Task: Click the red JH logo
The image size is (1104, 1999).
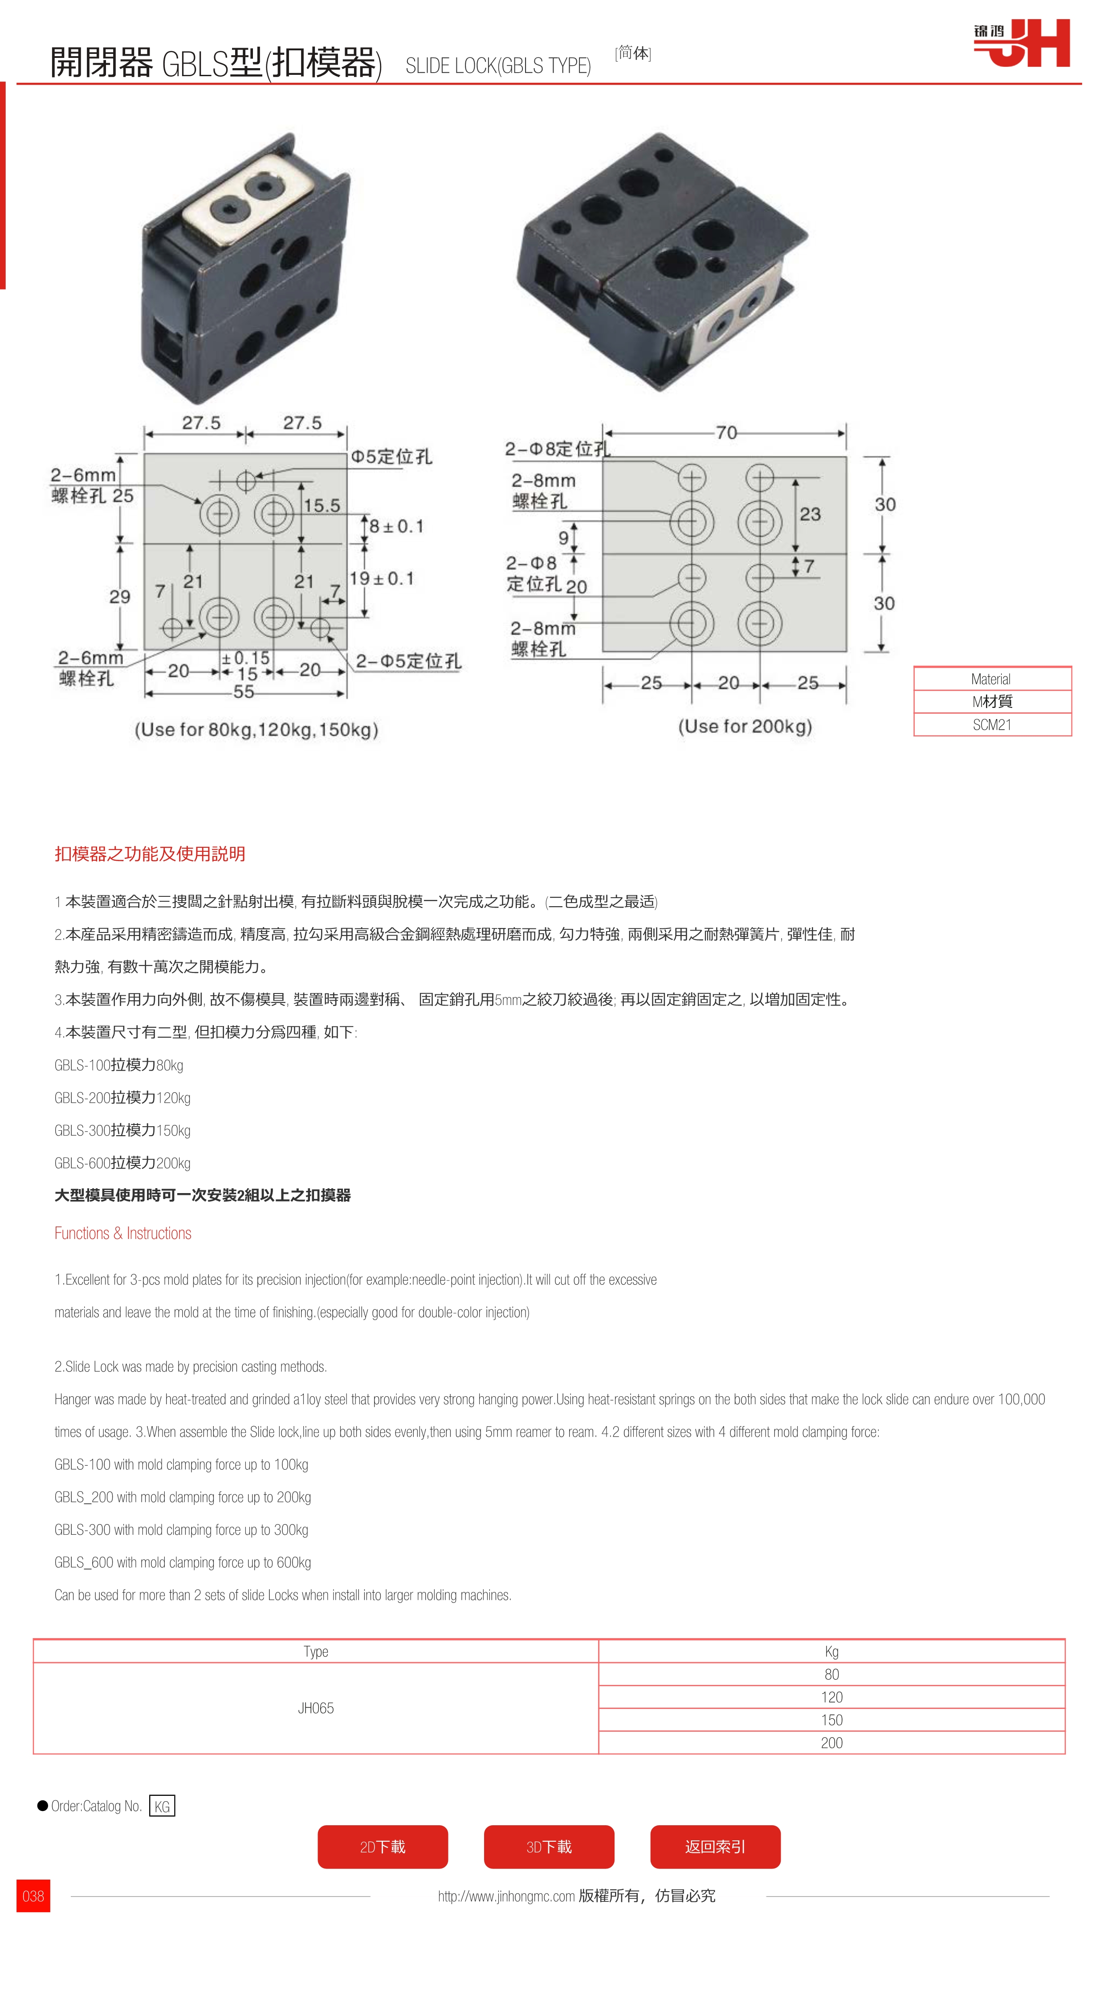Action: click(1023, 44)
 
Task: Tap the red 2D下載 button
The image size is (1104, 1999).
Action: click(383, 1846)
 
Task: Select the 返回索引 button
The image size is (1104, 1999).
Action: click(714, 1846)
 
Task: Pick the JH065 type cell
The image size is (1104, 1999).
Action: click(316, 1707)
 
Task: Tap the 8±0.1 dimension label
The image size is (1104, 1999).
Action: click(396, 526)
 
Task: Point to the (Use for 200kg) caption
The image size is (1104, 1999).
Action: click(745, 726)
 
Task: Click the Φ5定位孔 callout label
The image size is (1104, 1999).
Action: click(391, 456)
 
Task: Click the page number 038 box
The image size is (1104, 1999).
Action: click(33, 1896)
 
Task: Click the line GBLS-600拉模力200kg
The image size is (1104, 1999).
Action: click(122, 1162)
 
